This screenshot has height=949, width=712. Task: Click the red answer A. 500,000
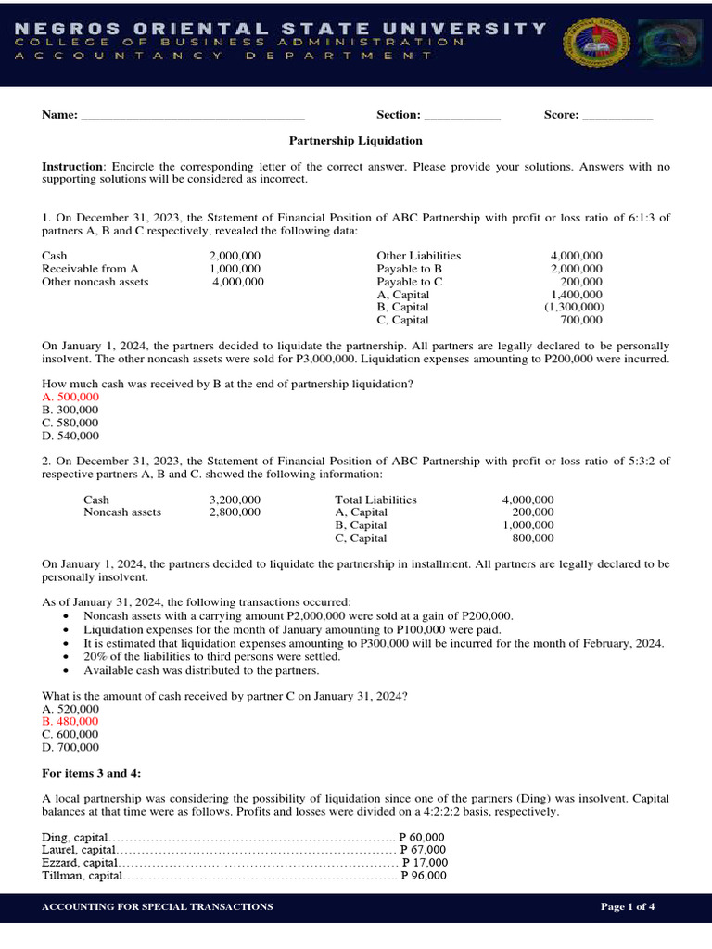pos(70,397)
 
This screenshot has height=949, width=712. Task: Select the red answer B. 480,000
pos(70,721)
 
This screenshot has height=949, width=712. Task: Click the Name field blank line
pos(193,117)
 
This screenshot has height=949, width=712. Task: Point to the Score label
pos(561,115)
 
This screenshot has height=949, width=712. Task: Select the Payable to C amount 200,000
pos(581,282)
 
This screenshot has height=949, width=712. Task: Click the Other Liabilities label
pos(418,256)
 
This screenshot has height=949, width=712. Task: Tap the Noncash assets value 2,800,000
pos(235,512)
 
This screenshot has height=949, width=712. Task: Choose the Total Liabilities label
pos(375,500)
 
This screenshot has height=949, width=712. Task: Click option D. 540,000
pos(70,436)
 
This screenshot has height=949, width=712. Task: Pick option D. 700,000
pos(70,747)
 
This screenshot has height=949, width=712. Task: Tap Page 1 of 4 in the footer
pos(628,906)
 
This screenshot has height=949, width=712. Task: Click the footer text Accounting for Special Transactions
pos(158,906)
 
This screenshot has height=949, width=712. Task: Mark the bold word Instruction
pos(73,166)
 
